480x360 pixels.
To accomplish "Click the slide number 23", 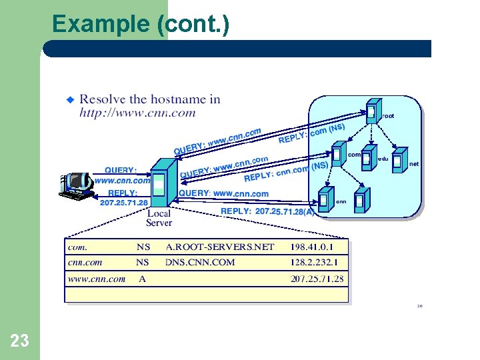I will click(20, 341).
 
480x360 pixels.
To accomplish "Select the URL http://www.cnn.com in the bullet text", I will click(138, 113).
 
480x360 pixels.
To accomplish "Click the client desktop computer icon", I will click(77, 185).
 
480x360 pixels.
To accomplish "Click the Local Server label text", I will click(159, 218).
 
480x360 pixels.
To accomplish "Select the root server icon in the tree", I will click(372, 111).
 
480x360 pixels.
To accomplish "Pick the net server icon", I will click(399, 159).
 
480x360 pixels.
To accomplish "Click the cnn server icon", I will click(326, 199).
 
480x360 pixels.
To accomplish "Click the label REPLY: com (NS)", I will click(311, 133).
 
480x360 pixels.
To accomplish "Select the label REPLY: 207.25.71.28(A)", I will click(267, 211).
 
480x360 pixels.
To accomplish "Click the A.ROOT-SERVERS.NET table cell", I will click(220, 247).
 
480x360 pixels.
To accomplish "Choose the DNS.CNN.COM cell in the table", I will click(200, 263).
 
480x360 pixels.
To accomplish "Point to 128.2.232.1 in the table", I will click(319, 263).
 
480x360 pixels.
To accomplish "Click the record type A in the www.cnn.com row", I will click(142, 279).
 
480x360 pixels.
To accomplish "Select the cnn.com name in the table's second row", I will click(85, 263).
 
